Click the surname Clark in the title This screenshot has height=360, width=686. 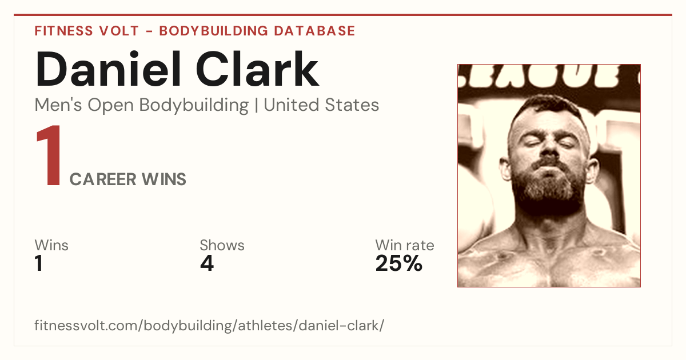click(x=257, y=69)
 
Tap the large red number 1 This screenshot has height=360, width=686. click(x=49, y=155)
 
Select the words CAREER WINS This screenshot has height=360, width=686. click(x=127, y=179)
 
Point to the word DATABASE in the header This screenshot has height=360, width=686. click(x=314, y=31)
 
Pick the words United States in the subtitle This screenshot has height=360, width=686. click(x=321, y=105)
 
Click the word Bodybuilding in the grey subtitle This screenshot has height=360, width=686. click(x=194, y=106)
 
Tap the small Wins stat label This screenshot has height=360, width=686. click(x=51, y=245)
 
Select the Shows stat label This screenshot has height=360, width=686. click(x=222, y=245)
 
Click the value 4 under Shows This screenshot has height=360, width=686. click(x=207, y=263)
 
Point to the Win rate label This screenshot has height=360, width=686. click(x=405, y=245)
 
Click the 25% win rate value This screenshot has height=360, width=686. click(x=399, y=263)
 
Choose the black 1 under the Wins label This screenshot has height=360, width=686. click(x=39, y=263)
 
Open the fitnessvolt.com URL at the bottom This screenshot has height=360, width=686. click(x=209, y=326)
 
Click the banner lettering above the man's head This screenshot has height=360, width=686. click(x=549, y=76)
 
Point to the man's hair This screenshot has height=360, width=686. click(x=548, y=106)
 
